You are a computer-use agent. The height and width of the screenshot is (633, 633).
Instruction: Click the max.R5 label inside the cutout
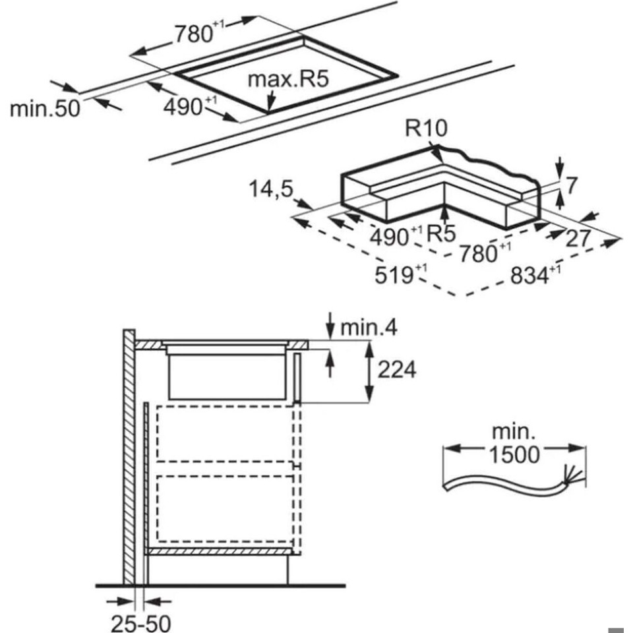point(287,80)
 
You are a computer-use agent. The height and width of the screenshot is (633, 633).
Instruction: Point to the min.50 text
point(44,107)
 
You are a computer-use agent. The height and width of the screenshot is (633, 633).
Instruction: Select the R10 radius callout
point(427,128)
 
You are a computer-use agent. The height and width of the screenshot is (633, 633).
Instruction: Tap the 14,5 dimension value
point(271,189)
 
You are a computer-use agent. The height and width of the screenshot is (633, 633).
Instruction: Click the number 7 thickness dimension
point(571,185)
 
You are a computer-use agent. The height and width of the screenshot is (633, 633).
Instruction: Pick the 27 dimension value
point(578,238)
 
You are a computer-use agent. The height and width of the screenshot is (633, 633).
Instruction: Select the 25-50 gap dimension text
point(139,621)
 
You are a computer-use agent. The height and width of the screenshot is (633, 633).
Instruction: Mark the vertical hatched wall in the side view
point(129,455)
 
